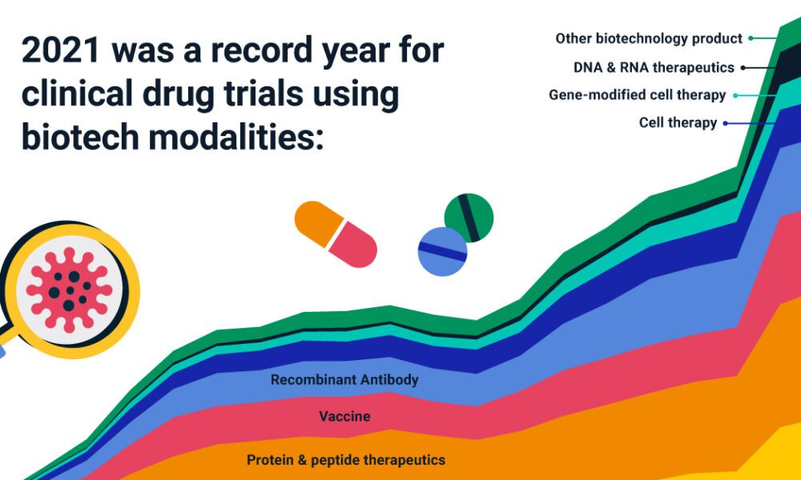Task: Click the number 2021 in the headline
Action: [61, 50]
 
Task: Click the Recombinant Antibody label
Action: [344, 380]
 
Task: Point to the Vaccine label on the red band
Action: [344, 416]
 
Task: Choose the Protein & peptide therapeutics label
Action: [346, 460]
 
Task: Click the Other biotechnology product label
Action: [649, 38]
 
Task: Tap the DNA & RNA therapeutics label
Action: [654, 67]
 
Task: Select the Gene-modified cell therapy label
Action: [637, 95]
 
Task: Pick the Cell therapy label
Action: [678, 123]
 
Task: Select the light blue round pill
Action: [442, 252]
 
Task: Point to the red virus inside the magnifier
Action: [69, 290]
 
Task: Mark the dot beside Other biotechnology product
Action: [751, 38]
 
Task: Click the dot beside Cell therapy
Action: [725, 123]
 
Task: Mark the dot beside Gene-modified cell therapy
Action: [735, 95]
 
